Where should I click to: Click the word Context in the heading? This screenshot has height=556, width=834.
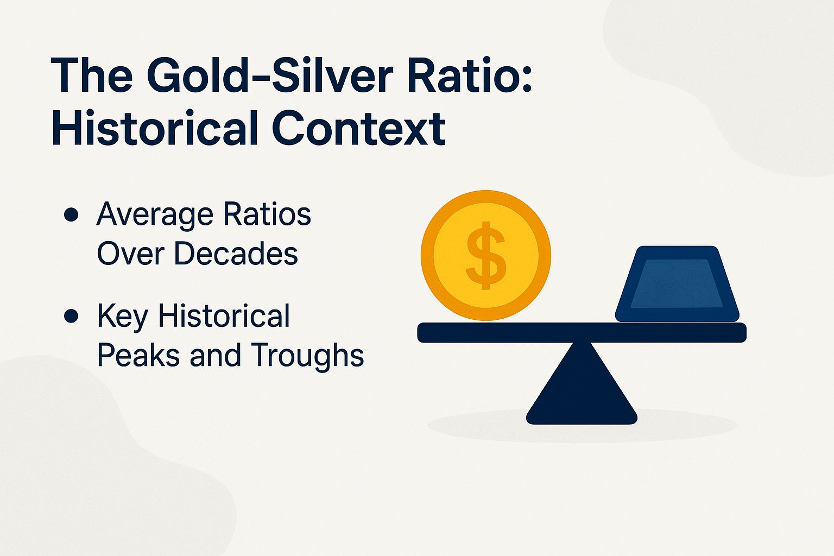(x=358, y=129)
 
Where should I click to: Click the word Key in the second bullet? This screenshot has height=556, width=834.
(x=122, y=316)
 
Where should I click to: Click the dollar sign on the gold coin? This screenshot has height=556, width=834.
(x=486, y=255)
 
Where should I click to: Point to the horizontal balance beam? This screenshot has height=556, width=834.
(x=582, y=332)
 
